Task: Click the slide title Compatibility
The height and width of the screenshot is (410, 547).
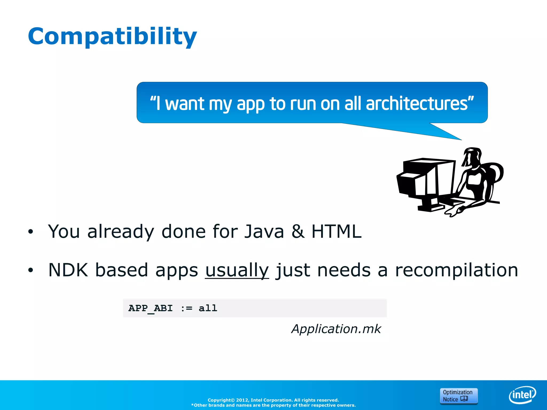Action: (112, 37)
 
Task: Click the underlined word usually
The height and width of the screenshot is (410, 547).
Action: (237, 270)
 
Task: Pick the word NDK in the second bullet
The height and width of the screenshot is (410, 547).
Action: (68, 270)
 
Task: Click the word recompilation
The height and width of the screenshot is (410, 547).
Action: (456, 270)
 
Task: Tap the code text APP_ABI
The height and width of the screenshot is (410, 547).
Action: (150, 308)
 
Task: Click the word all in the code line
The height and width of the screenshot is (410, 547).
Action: (208, 308)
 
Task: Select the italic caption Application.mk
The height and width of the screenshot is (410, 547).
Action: (336, 329)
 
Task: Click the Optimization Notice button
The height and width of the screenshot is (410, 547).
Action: (458, 396)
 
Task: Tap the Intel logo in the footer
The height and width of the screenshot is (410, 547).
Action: (522, 395)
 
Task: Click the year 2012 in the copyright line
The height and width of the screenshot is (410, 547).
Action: (242, 400)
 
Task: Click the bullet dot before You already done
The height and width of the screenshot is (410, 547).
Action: (30, 232)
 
